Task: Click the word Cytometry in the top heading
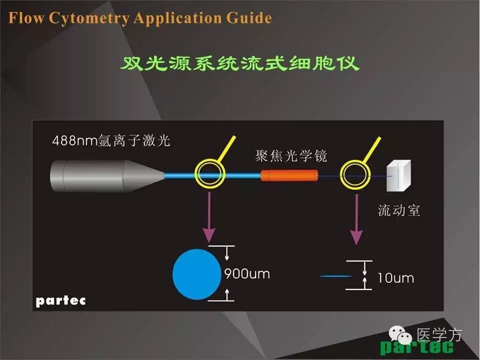90,19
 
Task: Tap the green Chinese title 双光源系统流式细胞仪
240,64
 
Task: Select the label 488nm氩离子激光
111,141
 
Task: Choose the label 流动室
399,210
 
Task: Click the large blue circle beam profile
195,274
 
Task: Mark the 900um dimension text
246,274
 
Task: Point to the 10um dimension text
395,278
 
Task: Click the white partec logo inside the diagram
60,300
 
